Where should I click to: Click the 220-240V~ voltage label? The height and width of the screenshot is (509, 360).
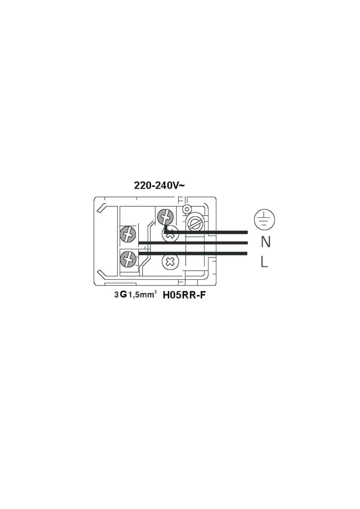(159, 185)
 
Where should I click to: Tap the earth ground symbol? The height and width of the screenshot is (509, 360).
(264, 219)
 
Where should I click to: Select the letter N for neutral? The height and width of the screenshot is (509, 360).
(266, 242)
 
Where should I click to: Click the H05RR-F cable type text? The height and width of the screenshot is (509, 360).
(184, 295)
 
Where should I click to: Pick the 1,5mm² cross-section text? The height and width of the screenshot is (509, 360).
(141, 295)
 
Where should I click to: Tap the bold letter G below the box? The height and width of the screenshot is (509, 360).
(123, 294)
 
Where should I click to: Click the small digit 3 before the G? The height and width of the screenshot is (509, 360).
(116, 295)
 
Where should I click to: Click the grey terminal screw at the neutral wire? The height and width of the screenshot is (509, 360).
(128, 234)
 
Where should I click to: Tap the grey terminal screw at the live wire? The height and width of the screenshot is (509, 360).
(128, 259)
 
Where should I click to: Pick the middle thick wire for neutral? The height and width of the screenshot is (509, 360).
(193, 243)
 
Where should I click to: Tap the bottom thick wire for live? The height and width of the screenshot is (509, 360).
(193, 253)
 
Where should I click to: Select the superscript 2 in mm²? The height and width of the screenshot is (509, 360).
(155, 292)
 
